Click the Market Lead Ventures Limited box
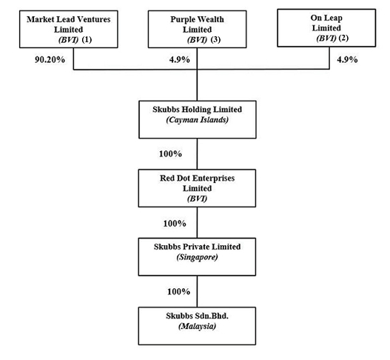(x=69, y=29)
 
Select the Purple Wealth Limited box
(x=198, y=29)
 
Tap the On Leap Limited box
(x=326, y=28)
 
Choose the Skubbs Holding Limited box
(x=198, y=119)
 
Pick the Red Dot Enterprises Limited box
(x=197, y=188)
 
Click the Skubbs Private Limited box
(x=197, y=257)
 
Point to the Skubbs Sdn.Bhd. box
(x=197, y=326)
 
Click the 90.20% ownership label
(x=50, y=60)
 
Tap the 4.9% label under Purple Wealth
(x=180, y=60)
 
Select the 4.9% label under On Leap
(x=347, y=60)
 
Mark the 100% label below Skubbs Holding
(x=170, y=154)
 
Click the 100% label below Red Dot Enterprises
(x=175, y=224)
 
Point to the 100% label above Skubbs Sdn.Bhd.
(x=178, y=292)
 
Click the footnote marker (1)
(x=87, y=39)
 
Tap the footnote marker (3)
(x=215, y=39)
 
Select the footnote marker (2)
(x=343, y=38)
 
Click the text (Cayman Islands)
(x=198, y=120)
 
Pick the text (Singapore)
(x=198, y=257)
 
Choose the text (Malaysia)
(x=198, y=326)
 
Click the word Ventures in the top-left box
(x=95, y=19)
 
